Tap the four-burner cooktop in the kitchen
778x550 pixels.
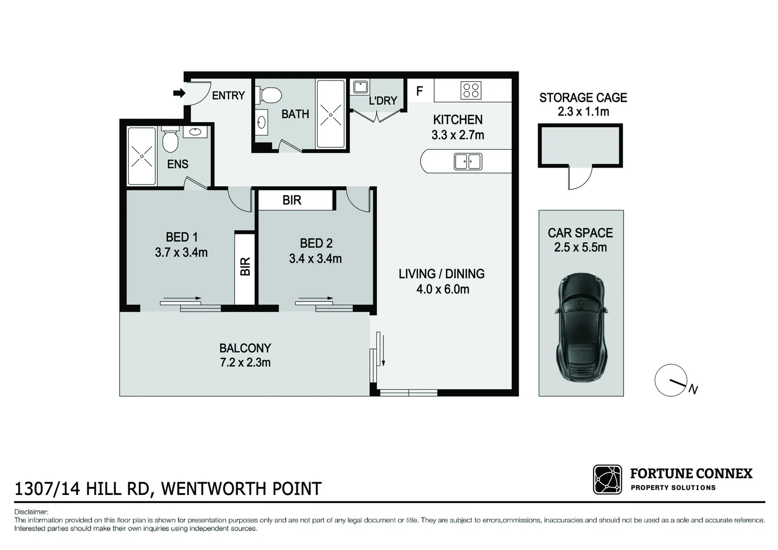(x=470, y=91)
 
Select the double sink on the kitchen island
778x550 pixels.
(x=467, y=161)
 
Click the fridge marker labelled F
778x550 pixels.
(x=420, y=91)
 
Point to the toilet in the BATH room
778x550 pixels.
(x=271, y=95)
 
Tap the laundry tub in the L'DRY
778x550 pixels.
(x=360, y=87)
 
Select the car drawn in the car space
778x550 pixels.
(x=581, y=327)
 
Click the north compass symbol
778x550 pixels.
(x=672, y=380)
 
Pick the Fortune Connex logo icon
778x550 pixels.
(x=607, y=479)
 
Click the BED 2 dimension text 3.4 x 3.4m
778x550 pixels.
(x=315, y=259)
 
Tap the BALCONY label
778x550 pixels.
(x=245, y=348)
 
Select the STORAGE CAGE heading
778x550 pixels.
(x=583, y=98)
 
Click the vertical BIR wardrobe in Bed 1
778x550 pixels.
(x=245, y=267)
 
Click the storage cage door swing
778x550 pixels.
(x=580, y=178)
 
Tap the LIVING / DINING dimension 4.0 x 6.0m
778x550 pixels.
(x=442, y=289)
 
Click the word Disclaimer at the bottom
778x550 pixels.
(x=31, y=512)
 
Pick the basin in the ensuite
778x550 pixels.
(x=195, y=132)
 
